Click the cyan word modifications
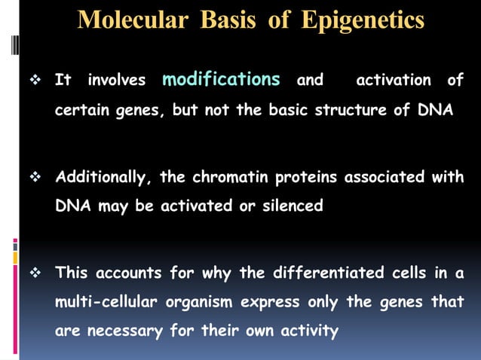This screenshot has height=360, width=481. click(222, 79)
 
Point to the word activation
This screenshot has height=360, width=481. click(394, 80)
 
